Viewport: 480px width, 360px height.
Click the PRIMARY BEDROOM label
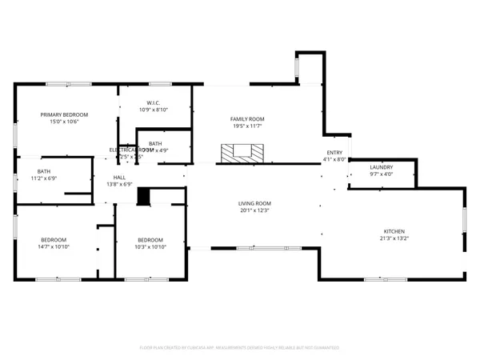point(64,115)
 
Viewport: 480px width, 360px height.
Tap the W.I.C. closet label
point(154,102)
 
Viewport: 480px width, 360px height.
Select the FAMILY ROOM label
point(248,119)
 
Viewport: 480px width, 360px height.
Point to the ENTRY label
point(335,153)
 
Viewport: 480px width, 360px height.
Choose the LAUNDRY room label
point(381,167)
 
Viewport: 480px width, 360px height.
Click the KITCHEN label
point(393,231)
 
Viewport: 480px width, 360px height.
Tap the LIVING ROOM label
point(254,203)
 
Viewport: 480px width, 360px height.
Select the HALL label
point(119,178)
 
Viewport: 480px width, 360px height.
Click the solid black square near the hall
point(144,195)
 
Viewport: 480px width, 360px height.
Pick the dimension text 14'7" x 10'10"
point(54,246)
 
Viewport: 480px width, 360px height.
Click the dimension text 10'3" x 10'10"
point(150,246)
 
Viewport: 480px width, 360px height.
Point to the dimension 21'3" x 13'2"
point(393,238)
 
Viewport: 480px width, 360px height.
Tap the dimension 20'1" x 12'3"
point(254,210)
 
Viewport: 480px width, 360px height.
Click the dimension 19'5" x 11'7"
point(248,126)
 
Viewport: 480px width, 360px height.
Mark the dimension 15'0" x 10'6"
point(64,122)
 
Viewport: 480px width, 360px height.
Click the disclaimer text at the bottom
point(239,348)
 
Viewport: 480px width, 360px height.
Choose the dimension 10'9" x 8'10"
point(154,110)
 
